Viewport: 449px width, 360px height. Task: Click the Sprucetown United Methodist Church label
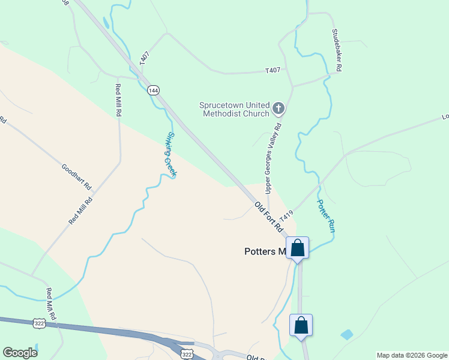(x=235, y=109)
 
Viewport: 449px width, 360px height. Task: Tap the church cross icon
(x=278, y=109)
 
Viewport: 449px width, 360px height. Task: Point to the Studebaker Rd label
(x=337, y=51)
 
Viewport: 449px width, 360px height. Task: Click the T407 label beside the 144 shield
(x=144, y=59)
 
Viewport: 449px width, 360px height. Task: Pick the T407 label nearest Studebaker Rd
(x=273, y=71)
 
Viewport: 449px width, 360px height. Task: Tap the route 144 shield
(x=153, y=90)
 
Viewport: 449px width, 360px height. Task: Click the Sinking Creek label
(x=172, y=154)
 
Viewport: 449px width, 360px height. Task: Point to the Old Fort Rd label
(x=268, y=217)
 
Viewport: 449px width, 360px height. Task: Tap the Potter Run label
(x=325, y=216)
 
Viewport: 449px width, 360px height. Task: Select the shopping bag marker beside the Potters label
(x=297, y=248)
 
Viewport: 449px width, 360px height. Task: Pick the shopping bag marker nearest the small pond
(x=301, y=326)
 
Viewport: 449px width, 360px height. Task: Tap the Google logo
(x=20, y=353)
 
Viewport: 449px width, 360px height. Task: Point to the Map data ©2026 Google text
(x=411, y=355)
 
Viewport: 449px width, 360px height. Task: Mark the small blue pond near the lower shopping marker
(x=346, y=334)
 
